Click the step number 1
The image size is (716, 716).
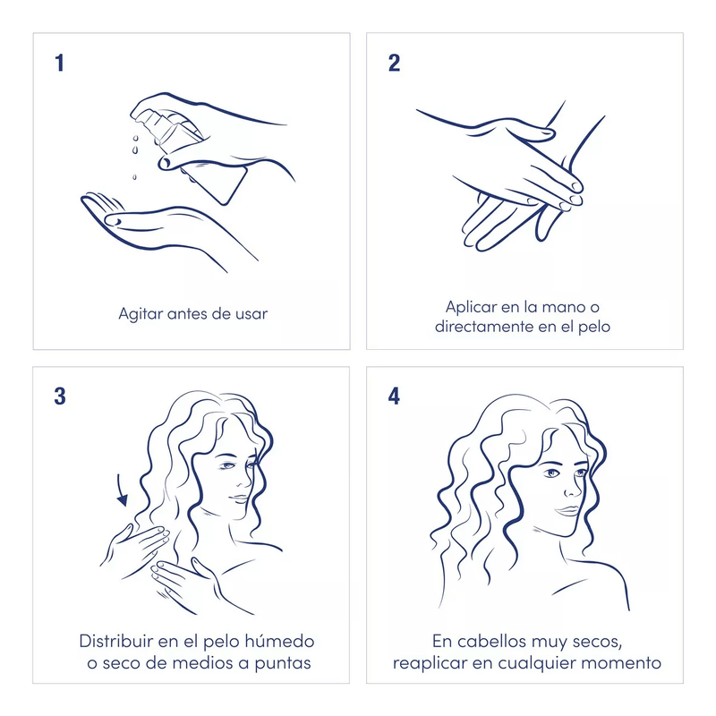59,63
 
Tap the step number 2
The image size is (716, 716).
394,63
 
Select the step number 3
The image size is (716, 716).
60,396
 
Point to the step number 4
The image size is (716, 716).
394,396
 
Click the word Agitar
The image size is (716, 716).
141,315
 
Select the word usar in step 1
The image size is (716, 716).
251,314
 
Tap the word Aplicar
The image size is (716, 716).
471,307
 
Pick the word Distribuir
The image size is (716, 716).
116,641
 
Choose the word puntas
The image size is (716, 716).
282,664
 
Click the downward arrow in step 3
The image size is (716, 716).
122,490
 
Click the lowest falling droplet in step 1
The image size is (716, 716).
134,176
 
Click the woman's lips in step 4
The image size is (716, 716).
567,510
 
